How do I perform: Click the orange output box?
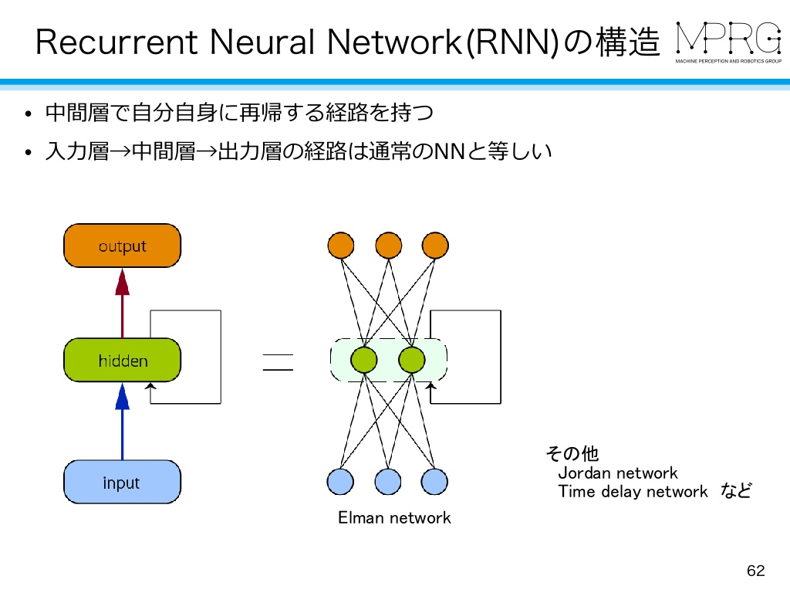coord(122,246)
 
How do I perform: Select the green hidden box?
coord(122,361)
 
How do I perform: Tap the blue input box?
coord(122,483)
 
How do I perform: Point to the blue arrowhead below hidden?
coord(122,397)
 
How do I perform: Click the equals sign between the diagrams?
coord(278,361)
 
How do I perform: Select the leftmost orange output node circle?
coord(341,246)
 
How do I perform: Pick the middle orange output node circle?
coord(388,246)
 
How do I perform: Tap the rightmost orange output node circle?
coord(435,246)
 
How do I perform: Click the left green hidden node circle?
coord(363,360)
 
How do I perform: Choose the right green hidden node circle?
coord(412,360)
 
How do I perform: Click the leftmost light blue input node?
coord(341,482)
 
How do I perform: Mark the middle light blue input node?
coord(388,482)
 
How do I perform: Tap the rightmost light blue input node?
coord(435,482)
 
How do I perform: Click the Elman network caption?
coord(394,518)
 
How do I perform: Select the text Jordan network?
coord(617,473)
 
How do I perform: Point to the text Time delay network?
coord(633,492)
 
